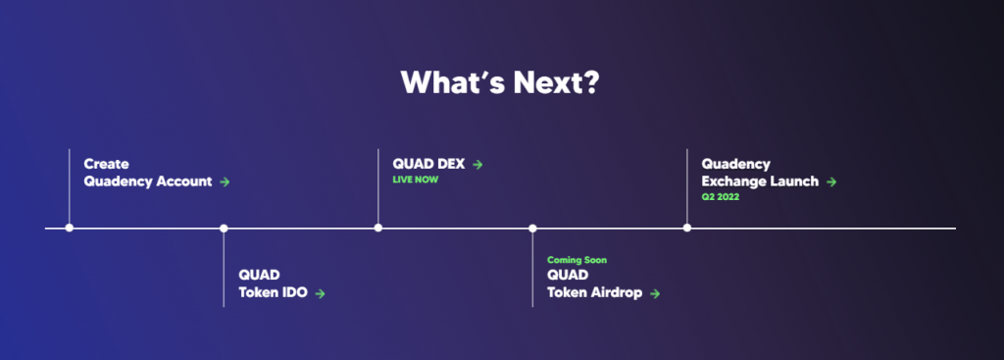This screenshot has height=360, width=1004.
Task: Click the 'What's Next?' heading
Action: click(x=500, y=82)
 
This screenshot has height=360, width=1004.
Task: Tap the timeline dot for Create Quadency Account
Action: click(x=70, y=229)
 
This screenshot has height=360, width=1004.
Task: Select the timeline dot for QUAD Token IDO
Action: click(x=224, y=229)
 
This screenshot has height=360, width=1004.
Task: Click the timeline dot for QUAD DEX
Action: click(x=378, y=229)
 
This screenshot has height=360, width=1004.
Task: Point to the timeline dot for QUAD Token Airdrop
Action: click(x=532, y=229)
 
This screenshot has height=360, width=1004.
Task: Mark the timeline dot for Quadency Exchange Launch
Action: click(x=687, y=229)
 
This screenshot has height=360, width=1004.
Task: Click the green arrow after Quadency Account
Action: click(x=226, y=182)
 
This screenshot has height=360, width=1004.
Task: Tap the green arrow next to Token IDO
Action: click(x=320, y=293)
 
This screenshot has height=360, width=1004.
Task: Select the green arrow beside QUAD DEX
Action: click(x=477, y=165)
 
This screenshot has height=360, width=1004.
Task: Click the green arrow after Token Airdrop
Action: click(x=655, y=293)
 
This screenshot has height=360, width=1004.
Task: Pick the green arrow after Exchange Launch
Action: click(x=831, y=182)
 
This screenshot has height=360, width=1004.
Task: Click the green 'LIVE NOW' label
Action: click(x=416, y=180)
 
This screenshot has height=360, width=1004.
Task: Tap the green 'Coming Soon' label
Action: click(x=577, y=260)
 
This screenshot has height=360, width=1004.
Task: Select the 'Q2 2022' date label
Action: click(x=720, y=197)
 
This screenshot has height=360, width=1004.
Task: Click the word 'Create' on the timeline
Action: click(x=106, y=165)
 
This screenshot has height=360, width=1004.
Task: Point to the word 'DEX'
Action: click(x=449, y=165)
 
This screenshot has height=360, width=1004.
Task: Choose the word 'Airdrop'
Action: click(x=618, y=292)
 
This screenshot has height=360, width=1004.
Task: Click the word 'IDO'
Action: click(x=296, y=292)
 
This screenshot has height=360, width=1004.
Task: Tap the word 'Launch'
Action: click(x=796, y=181)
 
